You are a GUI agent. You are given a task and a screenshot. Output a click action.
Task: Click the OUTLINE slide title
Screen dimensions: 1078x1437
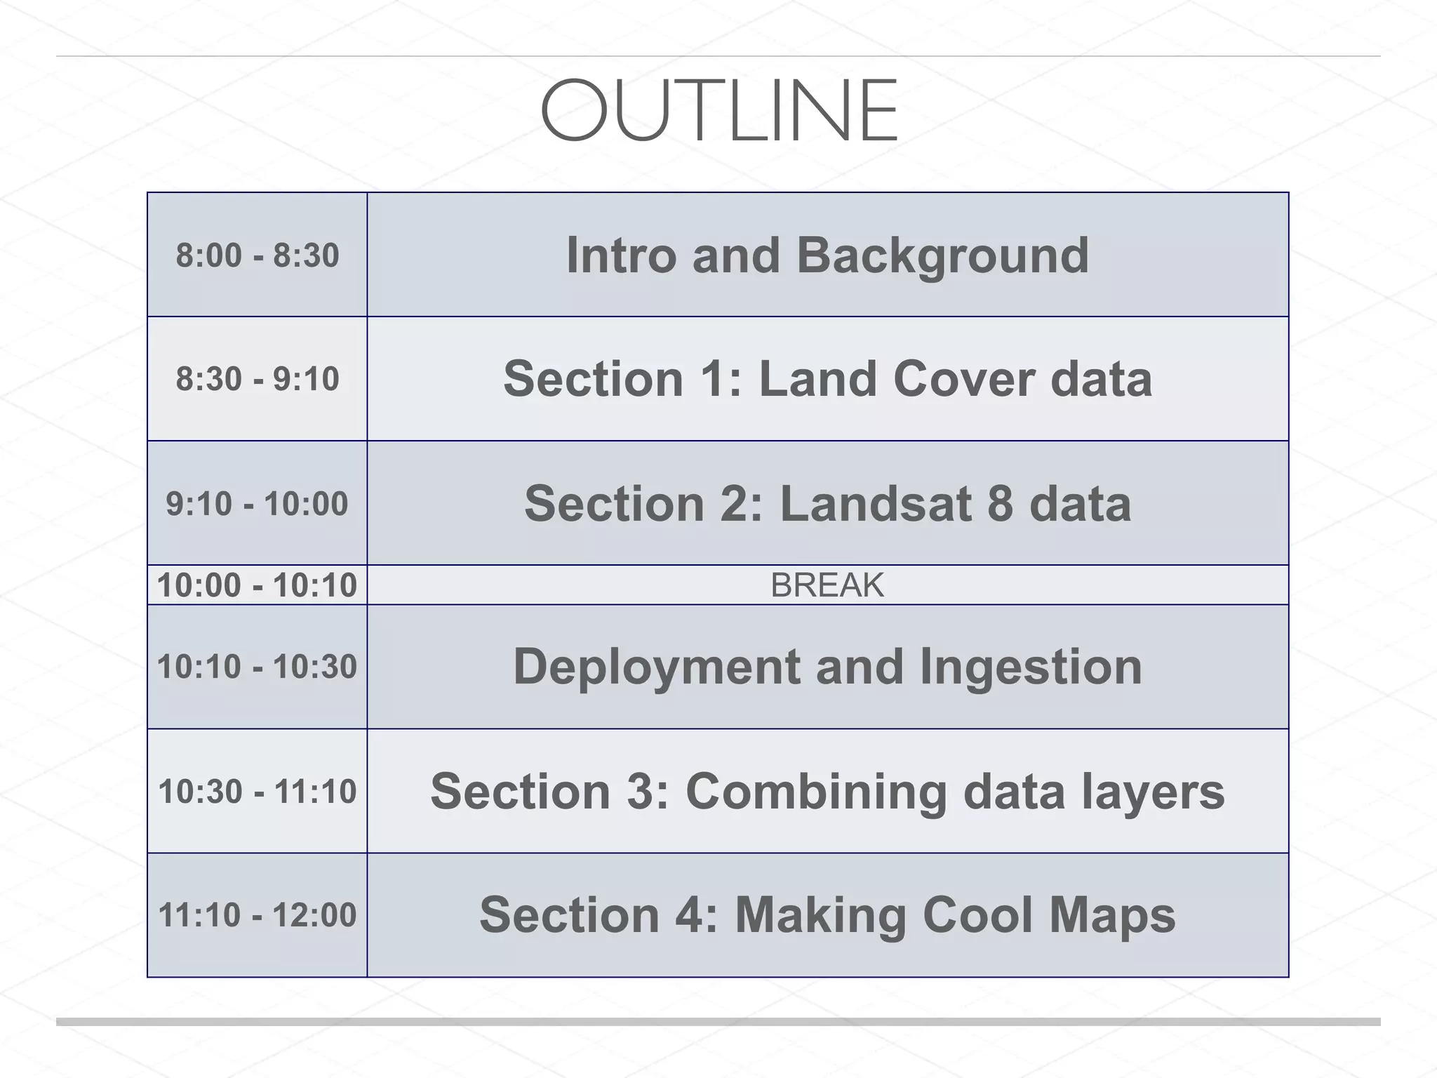click(718, 111)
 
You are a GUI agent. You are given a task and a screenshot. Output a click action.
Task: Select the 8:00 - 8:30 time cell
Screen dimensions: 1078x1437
click(257, 255)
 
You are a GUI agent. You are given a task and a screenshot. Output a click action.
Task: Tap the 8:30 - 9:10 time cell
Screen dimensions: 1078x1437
click(257, 379)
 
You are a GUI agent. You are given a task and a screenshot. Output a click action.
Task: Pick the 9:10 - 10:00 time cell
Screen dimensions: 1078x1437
click(257, 504)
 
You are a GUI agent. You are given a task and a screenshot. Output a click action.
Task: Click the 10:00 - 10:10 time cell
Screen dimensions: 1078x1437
click(257, 585)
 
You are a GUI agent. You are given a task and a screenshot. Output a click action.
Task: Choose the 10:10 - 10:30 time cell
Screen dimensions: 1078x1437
click(257, 667)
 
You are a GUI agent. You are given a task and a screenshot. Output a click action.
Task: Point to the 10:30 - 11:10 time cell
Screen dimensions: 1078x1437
click(257, 792)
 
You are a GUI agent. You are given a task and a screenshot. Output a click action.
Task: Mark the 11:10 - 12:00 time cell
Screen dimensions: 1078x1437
click(257, 915)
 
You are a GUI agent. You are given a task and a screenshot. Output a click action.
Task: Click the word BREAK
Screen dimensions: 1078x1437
click(827, 585)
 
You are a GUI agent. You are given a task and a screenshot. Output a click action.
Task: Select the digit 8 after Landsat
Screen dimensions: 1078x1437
click(1000, 504)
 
